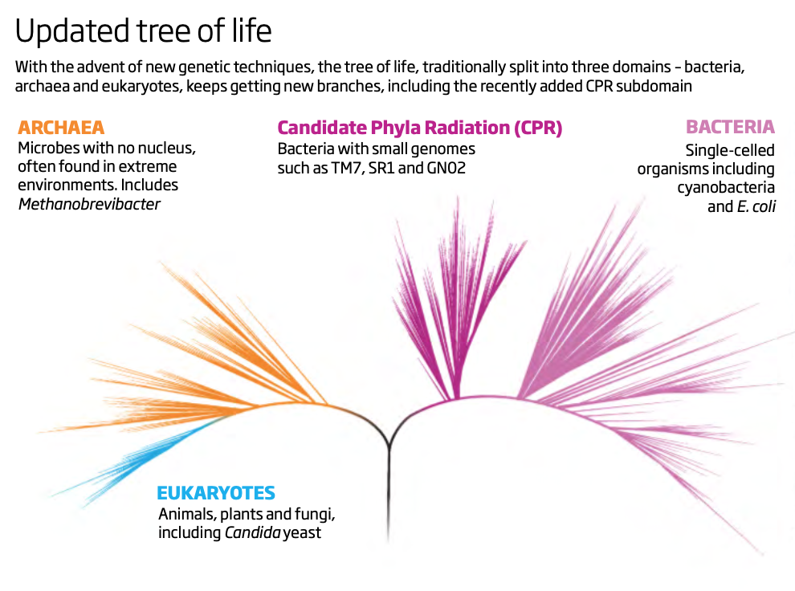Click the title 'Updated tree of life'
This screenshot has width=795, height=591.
click(143, 31)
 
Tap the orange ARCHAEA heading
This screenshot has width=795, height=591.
click(61, 128)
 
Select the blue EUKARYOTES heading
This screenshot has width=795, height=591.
click(216, 493)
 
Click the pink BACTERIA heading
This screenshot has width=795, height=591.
click(730, 127)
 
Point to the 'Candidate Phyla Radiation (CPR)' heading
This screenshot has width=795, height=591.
click(420, 128)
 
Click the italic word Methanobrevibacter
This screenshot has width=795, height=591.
click(89, 204)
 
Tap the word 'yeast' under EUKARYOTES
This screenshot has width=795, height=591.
click(302, 532)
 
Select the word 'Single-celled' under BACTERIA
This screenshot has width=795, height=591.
click(730, 149)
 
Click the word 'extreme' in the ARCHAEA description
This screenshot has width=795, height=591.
click(151, 167)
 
